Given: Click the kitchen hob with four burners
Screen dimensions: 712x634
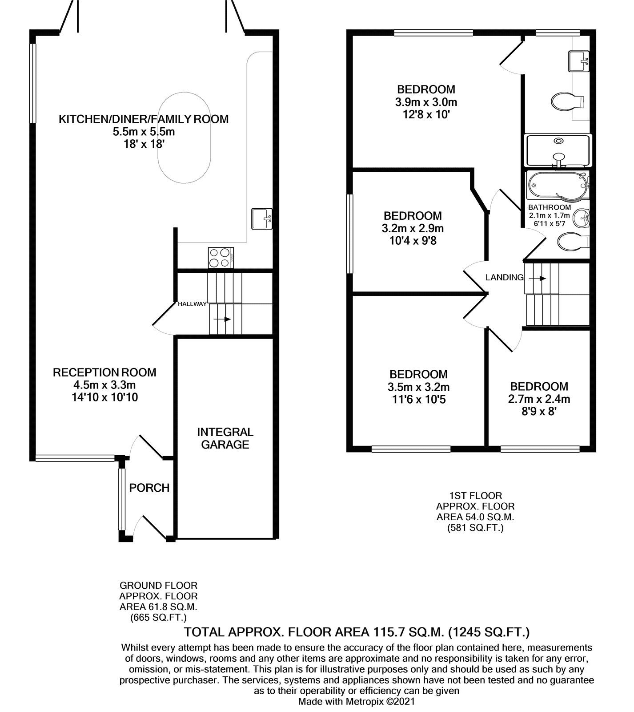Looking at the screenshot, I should click(221, 258).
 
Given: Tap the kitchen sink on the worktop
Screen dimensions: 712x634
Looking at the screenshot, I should click(262, 218).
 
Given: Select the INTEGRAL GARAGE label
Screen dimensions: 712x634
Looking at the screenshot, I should click(225, 438).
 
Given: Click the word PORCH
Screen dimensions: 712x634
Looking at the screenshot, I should click(149, 488).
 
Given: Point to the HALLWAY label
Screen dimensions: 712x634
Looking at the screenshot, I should click(192, 304).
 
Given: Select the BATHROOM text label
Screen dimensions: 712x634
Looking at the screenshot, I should click(550, 207).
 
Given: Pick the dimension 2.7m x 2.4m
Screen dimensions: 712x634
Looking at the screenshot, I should click(539, 399).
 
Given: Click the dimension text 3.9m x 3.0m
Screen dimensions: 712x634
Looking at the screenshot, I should click(426, 102).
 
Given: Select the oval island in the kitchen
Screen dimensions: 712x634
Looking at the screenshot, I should click(184, 138).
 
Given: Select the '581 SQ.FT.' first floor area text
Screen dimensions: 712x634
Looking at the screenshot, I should click(475, 528).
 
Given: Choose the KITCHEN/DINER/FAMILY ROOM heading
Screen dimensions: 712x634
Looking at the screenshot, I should click(144, 119).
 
